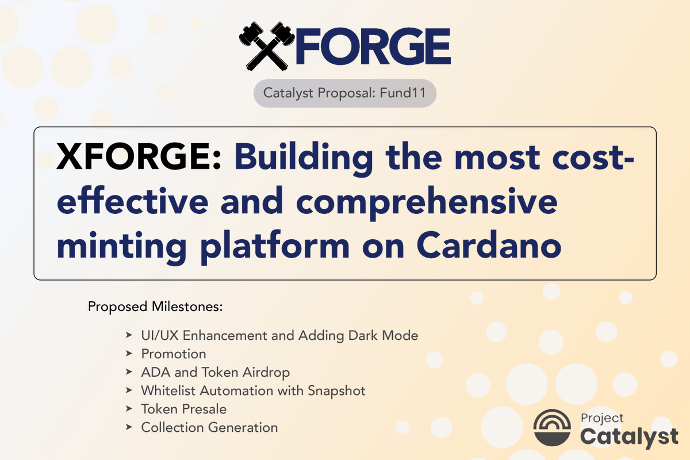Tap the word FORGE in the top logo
pos(371,46)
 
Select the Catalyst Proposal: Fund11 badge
pos(344,93)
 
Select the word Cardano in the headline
pos(488,246)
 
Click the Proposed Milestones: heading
pos(155,306)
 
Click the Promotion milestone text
pos(173,354)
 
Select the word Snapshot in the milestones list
pos(336,390)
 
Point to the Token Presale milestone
pos(183,409)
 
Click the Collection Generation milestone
pos(209,427)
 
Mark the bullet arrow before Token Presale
pos(129,409)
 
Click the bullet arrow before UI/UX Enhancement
pos(129,335)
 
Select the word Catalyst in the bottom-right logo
pos(629,436)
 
